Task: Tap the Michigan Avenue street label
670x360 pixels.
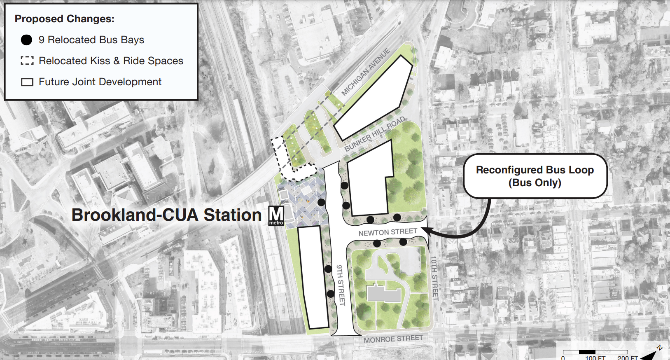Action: point(366,72)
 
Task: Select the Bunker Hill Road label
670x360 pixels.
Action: point(375,134)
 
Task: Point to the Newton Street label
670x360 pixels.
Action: point(388,232)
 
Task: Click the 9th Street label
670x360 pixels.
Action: point(341,285)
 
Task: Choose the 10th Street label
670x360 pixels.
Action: point(434,278)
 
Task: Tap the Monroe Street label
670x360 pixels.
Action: point(393,339)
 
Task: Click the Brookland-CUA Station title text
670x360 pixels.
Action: point(166,215)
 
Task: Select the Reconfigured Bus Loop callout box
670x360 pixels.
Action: point(535,176)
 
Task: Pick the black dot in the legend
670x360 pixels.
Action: point(26,40)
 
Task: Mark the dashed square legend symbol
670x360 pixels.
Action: point(27,61)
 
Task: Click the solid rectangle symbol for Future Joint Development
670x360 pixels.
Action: point(27,82)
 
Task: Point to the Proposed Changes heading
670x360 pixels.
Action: point(64,19)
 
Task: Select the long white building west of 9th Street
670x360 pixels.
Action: point(313,277)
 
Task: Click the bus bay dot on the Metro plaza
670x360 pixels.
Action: point(321,202)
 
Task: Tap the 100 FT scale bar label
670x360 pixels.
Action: point(595,358)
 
